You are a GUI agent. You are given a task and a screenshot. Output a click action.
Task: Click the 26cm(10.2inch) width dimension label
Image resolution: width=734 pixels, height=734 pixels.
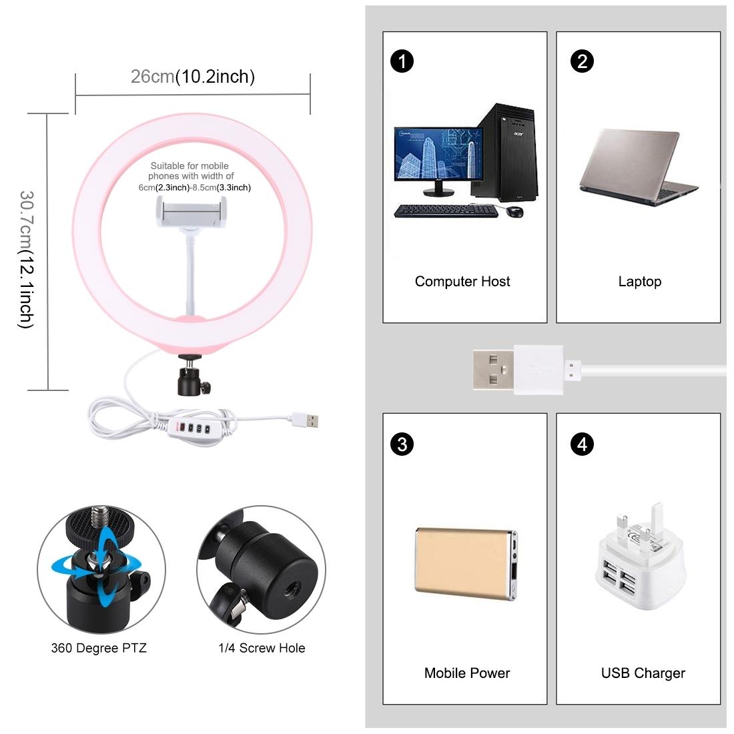pyautogui.click(x=192, y=77)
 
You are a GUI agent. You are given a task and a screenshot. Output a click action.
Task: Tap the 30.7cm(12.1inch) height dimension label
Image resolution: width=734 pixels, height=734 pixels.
pyautogui.click(x=26, y=259)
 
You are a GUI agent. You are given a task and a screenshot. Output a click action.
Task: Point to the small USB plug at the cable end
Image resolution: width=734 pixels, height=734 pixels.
pyautogui.click(x=306, y=420)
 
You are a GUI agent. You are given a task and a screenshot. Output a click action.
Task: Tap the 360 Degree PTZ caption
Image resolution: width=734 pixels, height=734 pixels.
pyautogui.click(x=99, y=648)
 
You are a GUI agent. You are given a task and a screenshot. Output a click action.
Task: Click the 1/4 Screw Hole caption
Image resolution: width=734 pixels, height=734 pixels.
pyautogui.click(x=262, y=648)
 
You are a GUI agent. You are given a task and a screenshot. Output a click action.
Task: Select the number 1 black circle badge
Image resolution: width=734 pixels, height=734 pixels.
pyautogui.click(x=402, y=61)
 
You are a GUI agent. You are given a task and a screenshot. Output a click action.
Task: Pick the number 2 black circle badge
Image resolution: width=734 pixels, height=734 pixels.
pyautogui.click(x=583, y=61)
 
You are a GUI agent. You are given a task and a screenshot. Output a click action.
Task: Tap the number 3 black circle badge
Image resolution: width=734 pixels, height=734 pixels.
pyautogui.click(x=402, y=444)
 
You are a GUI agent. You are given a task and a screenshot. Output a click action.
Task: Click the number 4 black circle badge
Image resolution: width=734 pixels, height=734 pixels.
pyautogui.click(x=583, y=444)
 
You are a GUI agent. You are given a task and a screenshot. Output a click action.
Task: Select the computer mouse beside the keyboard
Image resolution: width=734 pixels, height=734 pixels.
pyautogui.click(x=514, y=212)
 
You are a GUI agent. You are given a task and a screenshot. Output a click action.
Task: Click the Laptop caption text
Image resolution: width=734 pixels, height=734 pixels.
pyautogui.click(x=639, y=282)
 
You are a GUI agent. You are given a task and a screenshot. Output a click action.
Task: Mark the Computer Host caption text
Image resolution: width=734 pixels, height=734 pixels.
pyautogui.click(x=462, y=282)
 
